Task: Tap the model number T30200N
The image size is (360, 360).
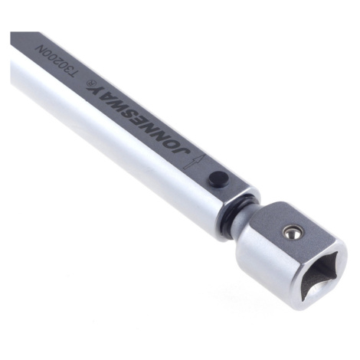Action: tap(57, 61)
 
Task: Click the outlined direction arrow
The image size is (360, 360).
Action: tap(195, 162)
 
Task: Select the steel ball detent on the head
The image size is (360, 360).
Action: tap(293, 231)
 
